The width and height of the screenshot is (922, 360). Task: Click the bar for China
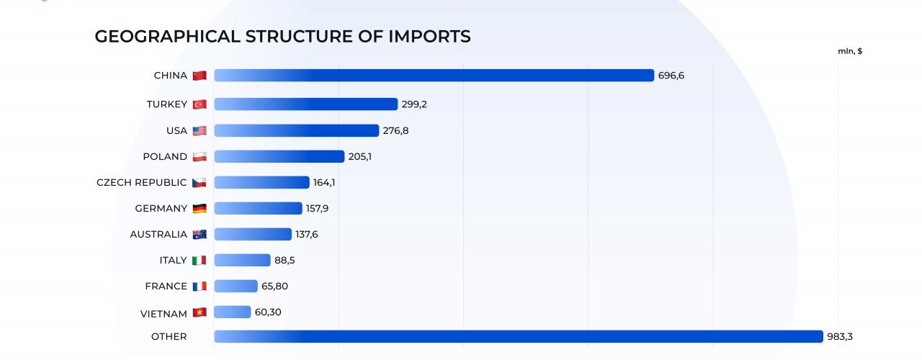tap(434, 76)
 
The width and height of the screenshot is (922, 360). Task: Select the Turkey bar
tap(305, 104)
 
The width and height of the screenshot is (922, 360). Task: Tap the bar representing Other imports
tap(518, 336)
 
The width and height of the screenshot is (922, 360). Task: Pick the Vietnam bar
tap(232, 312)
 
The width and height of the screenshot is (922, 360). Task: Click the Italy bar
tap(242, 260)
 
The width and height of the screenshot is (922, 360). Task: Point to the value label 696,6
tap(671, 76)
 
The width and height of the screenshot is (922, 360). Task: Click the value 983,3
tap(840, 336)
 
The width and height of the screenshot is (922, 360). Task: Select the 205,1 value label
tap(360, 156)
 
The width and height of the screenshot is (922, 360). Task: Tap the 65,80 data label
tap(275, 286)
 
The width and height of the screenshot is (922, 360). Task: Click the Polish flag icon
tap(200, 156)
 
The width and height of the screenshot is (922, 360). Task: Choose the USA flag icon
tap(200, 130)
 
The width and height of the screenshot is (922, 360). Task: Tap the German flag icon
tap(200, 208)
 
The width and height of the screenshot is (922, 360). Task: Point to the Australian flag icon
tap(200, 234)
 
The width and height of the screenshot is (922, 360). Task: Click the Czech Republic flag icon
tap(200, 182)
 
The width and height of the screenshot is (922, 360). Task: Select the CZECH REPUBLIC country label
tap(141, 182)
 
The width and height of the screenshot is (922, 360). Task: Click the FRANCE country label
tap(166, 286)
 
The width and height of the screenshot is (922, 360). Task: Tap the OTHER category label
tap(169, 336)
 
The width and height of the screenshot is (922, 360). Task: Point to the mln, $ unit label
tap(850, 51)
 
